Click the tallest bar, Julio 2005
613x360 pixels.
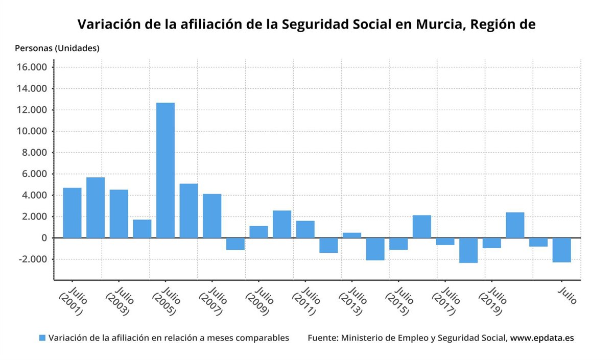point(165,170)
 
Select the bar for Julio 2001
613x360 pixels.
point(72,212)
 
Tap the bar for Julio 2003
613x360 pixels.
point(119,213)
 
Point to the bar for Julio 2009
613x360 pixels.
point(258,232)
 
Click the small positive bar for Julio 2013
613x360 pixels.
point(352,235)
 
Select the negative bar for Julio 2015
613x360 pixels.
point(398,244)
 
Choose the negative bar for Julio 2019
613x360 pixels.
point(492,243)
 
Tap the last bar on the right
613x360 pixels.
point(562,250)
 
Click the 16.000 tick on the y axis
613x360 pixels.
point(32,67)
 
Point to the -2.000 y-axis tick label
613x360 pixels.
point(32,259)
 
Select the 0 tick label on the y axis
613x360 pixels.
point(45,238)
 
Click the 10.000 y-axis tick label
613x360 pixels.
point(32,131)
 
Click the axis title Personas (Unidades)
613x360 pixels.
point(57,49)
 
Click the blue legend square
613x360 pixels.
point(42,338)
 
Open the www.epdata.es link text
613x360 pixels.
point(542,338)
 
